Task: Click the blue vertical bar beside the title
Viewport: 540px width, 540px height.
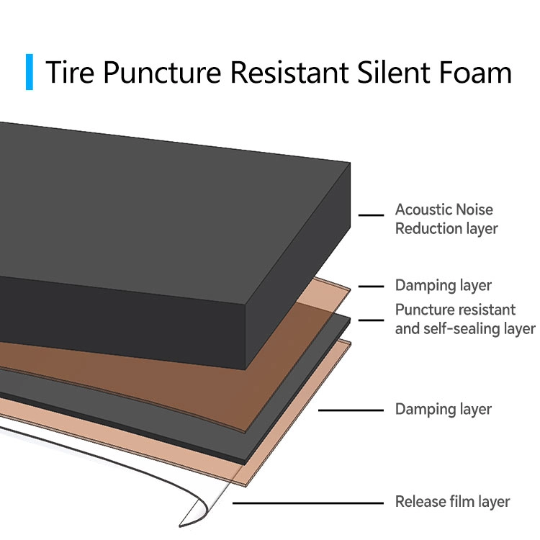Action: [30, 71]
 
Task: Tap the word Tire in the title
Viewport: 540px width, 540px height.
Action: [71, 73]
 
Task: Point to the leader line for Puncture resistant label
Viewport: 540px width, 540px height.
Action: [370, 320]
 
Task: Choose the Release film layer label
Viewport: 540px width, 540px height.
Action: [452, 502]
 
